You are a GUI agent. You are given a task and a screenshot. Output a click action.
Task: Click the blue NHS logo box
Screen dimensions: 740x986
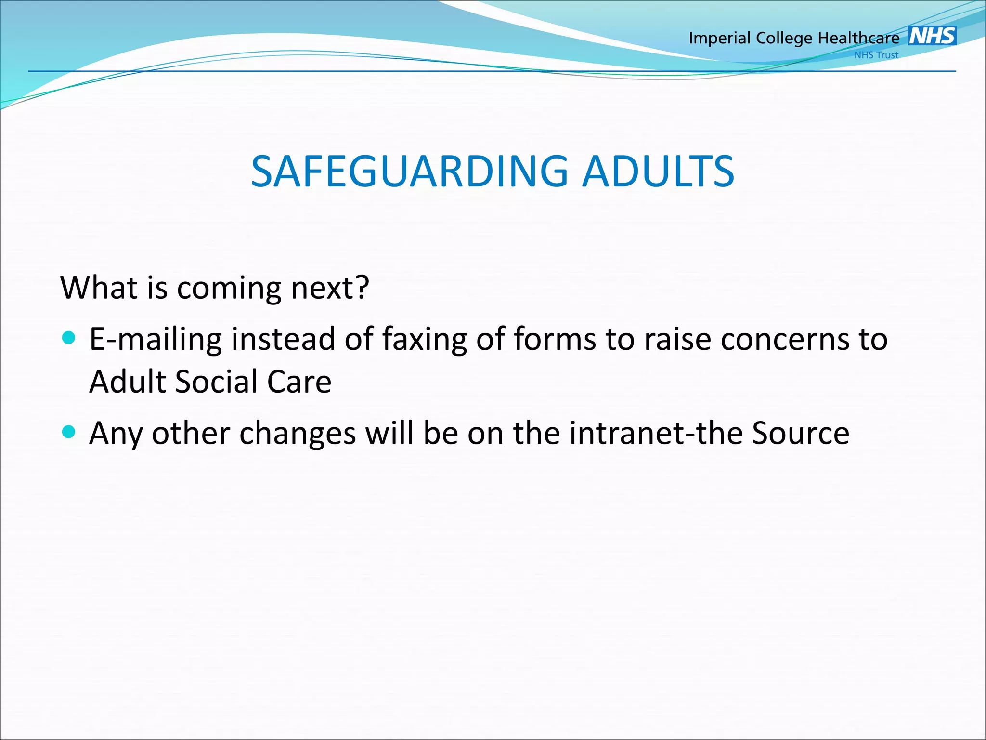coord(932,36)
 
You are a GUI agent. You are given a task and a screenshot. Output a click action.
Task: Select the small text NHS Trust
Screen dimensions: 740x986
coord(876,55)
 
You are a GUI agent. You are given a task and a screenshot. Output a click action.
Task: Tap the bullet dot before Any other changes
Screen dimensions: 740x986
coord(69,431)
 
